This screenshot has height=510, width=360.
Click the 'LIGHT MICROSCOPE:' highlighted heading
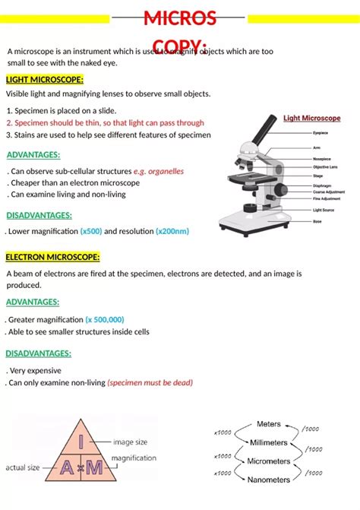[45, 80]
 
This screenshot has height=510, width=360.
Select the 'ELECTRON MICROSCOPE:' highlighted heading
[52, 257]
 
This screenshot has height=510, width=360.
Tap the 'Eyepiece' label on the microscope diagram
[321, 132]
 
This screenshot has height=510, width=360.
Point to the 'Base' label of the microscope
[317, 221]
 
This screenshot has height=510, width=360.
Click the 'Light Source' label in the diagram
[324, 209]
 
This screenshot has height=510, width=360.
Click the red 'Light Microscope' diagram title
[311, 119]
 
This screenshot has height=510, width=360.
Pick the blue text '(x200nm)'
[172, 231]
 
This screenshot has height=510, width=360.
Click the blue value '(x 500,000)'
[105, 320]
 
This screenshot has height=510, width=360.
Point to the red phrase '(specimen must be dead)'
[150, 383]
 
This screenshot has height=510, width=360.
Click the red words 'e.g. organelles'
[159, 171]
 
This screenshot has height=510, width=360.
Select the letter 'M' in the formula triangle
[93, 467]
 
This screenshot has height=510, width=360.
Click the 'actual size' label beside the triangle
[23, 468]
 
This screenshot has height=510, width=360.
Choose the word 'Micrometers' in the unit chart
[267, 461]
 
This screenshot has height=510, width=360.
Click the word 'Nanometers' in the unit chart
[269, 480]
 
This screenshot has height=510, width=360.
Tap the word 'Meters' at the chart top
[268, 424]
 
